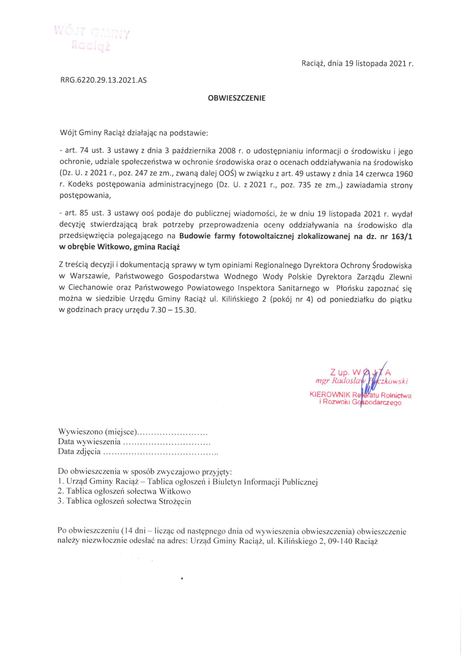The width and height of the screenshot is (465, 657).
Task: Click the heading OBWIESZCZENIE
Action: pyautogui.click(x=237, y=98)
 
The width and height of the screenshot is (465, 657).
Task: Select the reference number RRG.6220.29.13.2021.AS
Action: pyautogui.click(x=103, y=80)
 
